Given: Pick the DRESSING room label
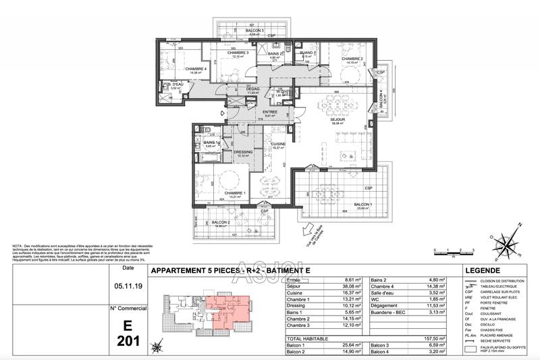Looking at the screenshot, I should click(243, 152).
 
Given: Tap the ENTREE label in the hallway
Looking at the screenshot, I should click(270, 111).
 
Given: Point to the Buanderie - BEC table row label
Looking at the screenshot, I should click(396, 312).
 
